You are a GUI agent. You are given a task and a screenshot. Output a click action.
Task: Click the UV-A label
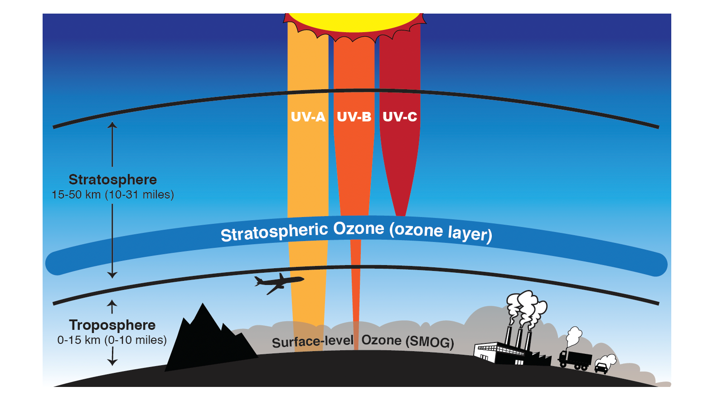(x=308, y=117)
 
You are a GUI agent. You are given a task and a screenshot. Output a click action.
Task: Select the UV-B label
(x=354, y=117)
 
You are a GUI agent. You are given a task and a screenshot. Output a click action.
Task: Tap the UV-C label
(x=400, y=117)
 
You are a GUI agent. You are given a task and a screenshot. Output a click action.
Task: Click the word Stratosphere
(x=112, y=179)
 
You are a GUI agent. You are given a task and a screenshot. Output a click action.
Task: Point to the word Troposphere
(x=112, y=325)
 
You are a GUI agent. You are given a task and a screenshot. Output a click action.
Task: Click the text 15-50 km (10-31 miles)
(x=112, y=195)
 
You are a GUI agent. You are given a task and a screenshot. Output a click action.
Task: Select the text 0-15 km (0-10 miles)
(x=112, y=340)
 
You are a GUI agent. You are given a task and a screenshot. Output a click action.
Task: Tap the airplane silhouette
(x=278, y=283)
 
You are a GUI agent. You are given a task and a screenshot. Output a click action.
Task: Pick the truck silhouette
(x=575, y=359)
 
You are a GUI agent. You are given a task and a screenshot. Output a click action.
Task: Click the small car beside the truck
(x=601, y=367)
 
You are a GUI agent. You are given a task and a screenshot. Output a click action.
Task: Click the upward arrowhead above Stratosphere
(x=112, y=124)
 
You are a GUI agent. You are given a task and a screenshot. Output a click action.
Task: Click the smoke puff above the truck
(x=574, y=335)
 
